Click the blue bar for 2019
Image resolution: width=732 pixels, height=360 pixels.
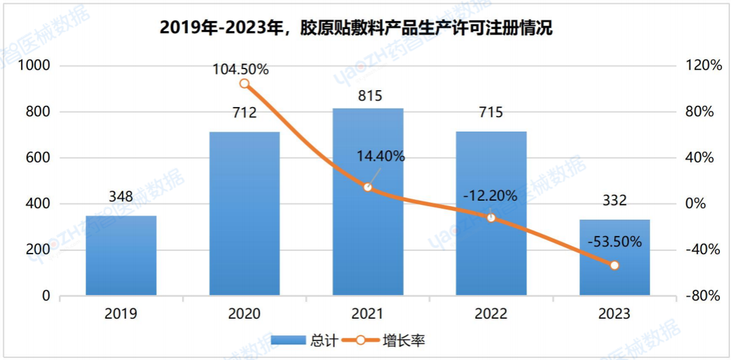(121, 256)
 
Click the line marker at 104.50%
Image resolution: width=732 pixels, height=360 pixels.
(245, 84)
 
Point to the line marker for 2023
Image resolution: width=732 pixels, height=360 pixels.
(615, 265)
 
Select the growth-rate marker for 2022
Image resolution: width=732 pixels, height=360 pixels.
(491, 218)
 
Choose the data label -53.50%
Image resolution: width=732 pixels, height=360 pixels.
(614, 241)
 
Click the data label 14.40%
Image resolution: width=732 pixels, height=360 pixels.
(381, 157)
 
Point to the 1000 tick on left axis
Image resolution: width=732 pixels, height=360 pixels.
(35, 66)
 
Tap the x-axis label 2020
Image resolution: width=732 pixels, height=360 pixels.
(245, 314)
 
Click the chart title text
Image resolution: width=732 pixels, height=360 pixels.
(357, 28)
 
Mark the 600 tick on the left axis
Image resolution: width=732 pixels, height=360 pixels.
(38, 158)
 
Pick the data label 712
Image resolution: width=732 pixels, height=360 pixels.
(245, 113)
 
